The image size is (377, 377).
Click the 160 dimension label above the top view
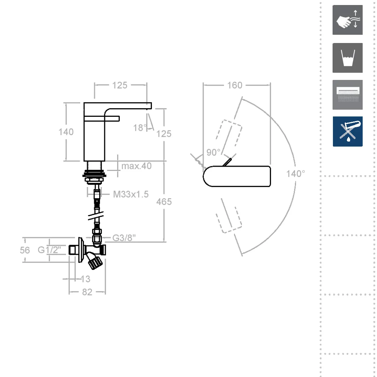click(x=235, y=85)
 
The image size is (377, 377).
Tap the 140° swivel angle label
click(x=296, y=173)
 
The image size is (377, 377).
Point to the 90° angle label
click(x=213, y=152)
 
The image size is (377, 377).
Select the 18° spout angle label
click(x=140, y=128)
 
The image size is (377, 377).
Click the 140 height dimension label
click(x=66, y=132)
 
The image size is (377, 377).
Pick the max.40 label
click(x=136, y=166)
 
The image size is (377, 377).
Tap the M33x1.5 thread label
click(x=131, y=194)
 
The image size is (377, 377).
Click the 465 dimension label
click(x=164, y=202)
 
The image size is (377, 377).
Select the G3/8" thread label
click(x=124, y=238)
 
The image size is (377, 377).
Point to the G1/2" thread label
click(x=49, y=250)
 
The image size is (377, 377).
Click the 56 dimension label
click(x=25, y=250)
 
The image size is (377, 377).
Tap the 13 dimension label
click(x=85, y=279)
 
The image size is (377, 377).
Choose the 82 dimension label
click(x=87, y=292)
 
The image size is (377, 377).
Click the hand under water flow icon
click(x=347, y=20)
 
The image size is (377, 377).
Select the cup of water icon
click(x=347, y=58)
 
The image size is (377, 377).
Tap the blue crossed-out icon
click(x=348, y=132)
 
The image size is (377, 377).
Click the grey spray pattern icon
click(x=347, y=95)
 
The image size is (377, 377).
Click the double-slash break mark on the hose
click(x=96, y=216)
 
